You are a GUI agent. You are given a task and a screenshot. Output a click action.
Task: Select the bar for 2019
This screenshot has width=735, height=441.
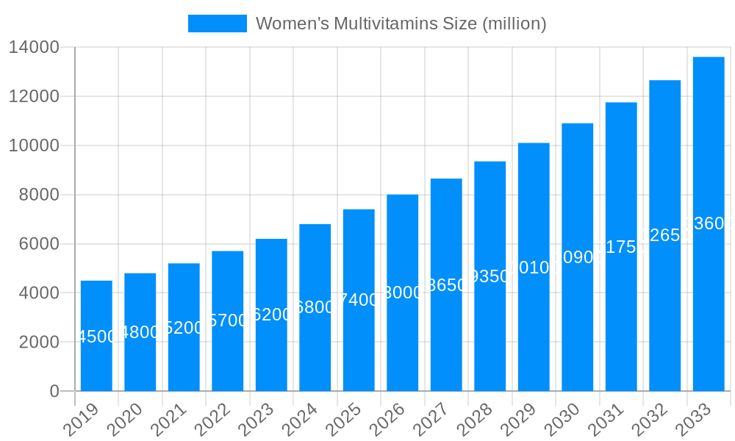(x=96, y=336)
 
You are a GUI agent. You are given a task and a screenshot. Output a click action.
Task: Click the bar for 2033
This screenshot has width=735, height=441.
(x=709, y=223)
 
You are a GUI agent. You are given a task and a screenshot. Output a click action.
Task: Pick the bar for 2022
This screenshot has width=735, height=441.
(x=227, y=320)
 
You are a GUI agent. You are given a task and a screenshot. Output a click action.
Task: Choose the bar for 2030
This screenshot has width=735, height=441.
(x=577, y=257)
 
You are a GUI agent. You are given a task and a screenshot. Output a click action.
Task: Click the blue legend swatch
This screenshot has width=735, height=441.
(x=217, y=24)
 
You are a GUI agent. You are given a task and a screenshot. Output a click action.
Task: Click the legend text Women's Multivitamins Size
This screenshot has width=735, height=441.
(x=401, y=24)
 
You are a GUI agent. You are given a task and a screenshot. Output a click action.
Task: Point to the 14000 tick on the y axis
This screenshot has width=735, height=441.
(x=34, y=48)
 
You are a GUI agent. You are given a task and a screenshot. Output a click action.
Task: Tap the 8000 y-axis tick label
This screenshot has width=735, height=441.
(x=38, y=195)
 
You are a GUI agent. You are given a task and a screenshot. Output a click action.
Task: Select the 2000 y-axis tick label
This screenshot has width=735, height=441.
(x=38, y=343)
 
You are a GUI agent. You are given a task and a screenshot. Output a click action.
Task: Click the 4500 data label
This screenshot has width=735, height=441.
(x=96, y=337)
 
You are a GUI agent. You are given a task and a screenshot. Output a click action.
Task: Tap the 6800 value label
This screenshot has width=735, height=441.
(x=315, y=307)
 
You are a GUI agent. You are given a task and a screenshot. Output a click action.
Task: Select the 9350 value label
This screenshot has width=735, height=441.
(x=490, y=276)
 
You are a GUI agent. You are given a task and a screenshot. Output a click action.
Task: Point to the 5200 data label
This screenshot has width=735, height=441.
(x=184, y=328)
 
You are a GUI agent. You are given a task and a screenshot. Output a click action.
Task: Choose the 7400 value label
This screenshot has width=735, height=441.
(x=359, y=300)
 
